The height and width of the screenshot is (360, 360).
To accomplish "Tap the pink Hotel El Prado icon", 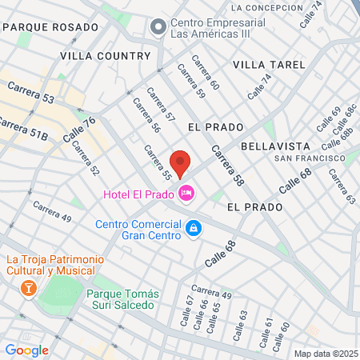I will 187,193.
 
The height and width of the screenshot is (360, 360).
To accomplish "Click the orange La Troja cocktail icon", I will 29,286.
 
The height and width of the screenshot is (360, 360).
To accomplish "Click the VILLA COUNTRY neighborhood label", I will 105,56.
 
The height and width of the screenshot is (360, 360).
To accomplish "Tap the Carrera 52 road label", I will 89,160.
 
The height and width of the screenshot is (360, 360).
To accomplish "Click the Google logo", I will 26,350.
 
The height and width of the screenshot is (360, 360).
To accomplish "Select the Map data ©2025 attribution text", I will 325,354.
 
